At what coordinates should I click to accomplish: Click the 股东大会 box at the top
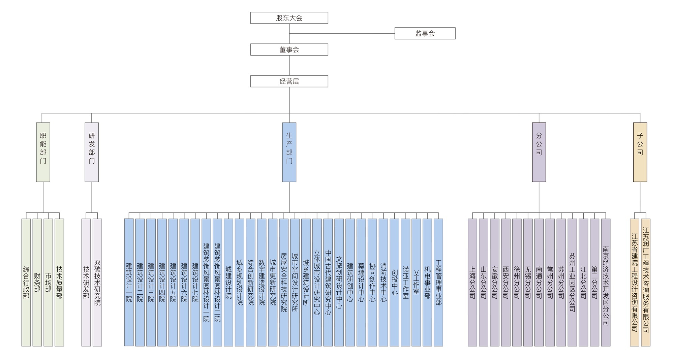pyautogui.click(x=289, y=18)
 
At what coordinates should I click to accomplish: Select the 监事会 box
pyautogui.click(x=425, y=33)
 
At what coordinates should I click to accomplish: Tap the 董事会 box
pyautogui.click(x=289, y=50)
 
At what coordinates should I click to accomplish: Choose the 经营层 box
pyautogui.click(x=289, y=81)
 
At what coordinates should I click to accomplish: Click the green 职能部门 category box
pyautogui.click(x=43, y=152)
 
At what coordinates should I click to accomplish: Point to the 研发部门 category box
pyautogui.click(x=92, y=152)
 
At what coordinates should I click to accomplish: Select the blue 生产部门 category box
pyautogui.click(x=289, y=152)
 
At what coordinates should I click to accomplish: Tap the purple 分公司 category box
pyautogui.click(x=539, y=152)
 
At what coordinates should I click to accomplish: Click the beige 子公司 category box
pyautogui.click(x=640, y=152)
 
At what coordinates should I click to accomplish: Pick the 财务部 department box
pyautogui.click(x=37, y=282)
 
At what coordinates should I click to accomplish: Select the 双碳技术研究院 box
pyautogui.click(x=97, y=282)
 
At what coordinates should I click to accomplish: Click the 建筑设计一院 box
pyautogui.click(x=129, y=282)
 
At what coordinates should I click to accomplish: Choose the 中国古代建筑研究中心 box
pyautogui.click(x=328, y=282)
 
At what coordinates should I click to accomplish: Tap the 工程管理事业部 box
pyautogui.click(x=438, y=282)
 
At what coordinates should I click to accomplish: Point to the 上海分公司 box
pyautogui.click(x=472, y=282)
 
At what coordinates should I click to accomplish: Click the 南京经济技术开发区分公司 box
pyautogui.click(x=606, y=282)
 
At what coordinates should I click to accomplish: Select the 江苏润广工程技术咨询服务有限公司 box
pyautogui.click(x=646, y=282)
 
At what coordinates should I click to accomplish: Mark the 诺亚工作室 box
pyautogui.click(x=405, y=282)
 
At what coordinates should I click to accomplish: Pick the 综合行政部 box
pyautogui.click(x=26, y=282)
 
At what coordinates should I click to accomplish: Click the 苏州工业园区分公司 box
pyautogui.click(x=572, y=282)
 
